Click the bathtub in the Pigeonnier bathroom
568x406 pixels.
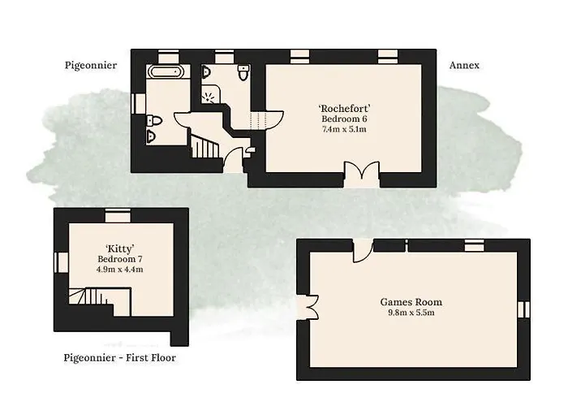click(x=166, y=73)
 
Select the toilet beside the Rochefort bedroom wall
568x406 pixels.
click(x=243, y=74)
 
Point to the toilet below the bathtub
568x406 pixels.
click(x=154, y=121)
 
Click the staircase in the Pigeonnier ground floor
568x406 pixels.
click(x=205, y=149)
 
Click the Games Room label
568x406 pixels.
click(x=411, y=302)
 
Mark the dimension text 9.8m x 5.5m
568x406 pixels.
click(x=411, y=313)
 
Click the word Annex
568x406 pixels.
click(x=464, y=65)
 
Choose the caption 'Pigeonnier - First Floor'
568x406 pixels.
click(x=119, y=357)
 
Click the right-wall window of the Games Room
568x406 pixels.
click(x=524, y=309)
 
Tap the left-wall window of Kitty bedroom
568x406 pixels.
click(x=57, y=263)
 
